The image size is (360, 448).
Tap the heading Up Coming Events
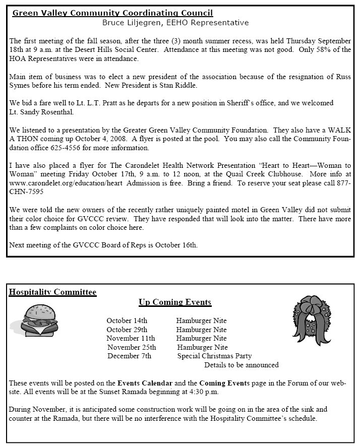pos(175,302)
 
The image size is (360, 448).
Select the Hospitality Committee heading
pos(52,292)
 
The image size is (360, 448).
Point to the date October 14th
pos(127,321)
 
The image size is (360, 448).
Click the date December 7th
pos(129,356)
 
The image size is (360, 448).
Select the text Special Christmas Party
pos(214,356)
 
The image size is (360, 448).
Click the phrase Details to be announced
pos(241,365)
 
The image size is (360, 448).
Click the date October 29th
pos(127,329)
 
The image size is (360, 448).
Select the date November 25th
pos(132,347)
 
